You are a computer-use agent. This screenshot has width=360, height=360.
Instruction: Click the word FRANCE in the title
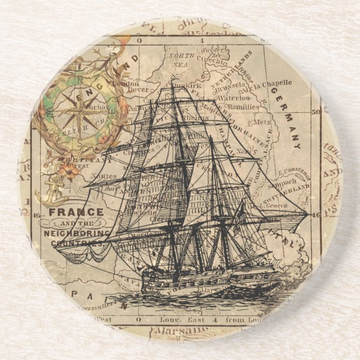coord(76,212)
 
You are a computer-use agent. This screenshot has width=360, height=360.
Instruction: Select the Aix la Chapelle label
coord(271,84)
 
